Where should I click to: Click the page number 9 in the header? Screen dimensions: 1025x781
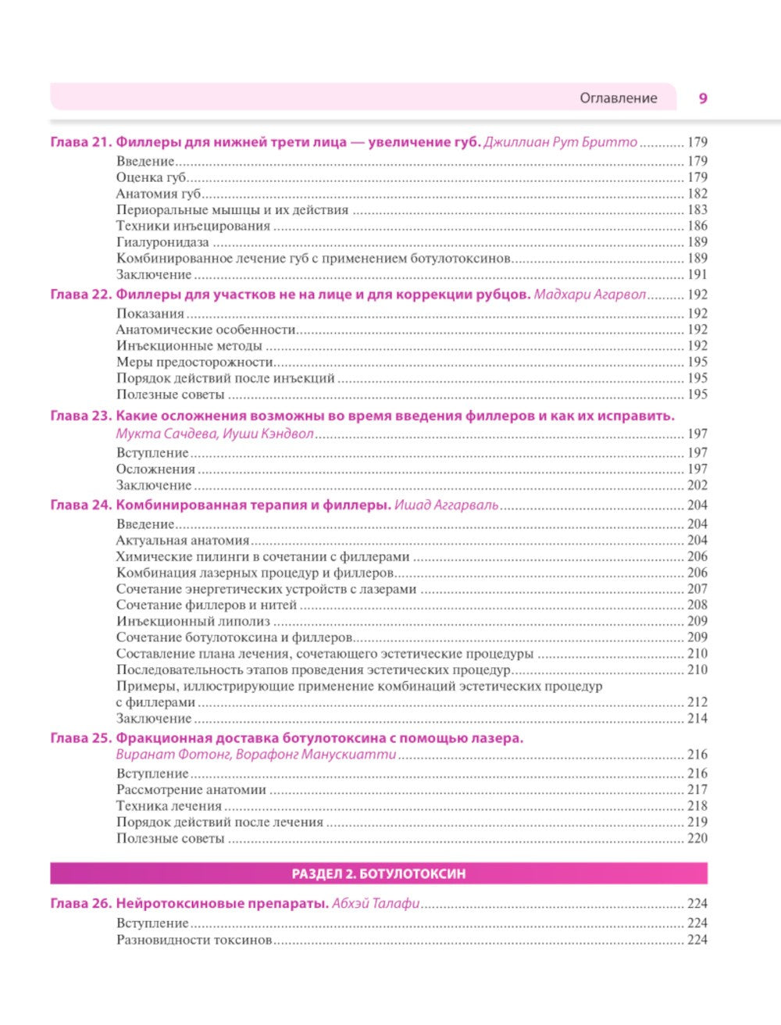pyautogui.click(x=703, y=98)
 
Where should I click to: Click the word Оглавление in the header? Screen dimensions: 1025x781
pyautogui.click(x=618, y=98)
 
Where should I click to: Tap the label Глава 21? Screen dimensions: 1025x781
pyautogui.click(x=81, y=142)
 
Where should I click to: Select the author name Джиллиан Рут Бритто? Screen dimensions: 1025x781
pyautogui.click(x=560, y=142)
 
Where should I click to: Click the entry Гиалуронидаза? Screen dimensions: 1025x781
pyautogui.click(x=162, y=242)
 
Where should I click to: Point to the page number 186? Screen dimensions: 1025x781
pyautogui.click(x=697, y=226)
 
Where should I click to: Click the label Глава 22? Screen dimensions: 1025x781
pyautogui.click(x=81, y=295)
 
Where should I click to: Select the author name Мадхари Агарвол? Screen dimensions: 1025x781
pyautogui.click(x=590, y=295)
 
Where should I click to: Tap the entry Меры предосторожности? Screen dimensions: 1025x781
pyautogui.click(x=194, y=362)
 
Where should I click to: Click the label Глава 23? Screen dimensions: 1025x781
pyautogui.click(x=81, y=416)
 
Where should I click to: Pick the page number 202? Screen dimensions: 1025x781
pyautogui.click(x=697, y=485)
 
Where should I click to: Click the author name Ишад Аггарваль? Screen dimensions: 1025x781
pyautogui.click(x=446, y=505)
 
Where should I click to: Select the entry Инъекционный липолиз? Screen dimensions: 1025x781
pyautogui.click(x=193, y=621)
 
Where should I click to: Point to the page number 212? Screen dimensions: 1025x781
pyautogui.click(x=697, y=702)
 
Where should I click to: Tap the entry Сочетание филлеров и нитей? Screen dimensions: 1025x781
pyautogui.click(x=206, y=605)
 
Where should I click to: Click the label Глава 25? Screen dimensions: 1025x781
pyautogui.click(x=81, y=738)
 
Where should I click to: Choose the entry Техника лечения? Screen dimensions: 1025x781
pyautogui.click(x=169, y=806)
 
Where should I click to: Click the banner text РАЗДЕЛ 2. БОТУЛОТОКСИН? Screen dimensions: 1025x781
pyautogui.click(x=379, y=873)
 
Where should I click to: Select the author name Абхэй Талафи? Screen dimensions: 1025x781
pyautogui.click(x=376, y=904)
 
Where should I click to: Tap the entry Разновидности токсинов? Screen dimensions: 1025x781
pyautogui.click(x=194, y=940)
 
